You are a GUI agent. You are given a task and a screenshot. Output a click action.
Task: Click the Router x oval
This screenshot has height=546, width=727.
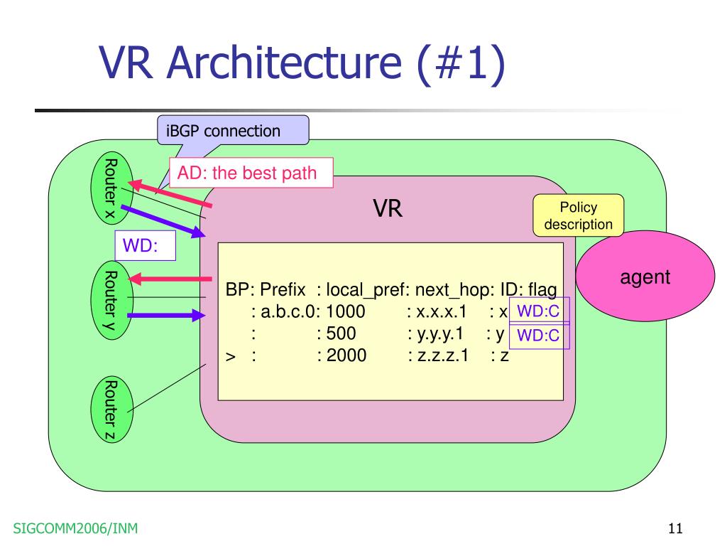coord(111,188)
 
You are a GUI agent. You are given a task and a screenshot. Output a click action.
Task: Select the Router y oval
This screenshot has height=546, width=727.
coord(111,301)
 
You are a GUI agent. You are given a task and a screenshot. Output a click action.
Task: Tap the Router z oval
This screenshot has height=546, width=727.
coord(111,409)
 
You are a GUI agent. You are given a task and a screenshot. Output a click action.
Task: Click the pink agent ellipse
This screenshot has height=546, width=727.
coord(645,277)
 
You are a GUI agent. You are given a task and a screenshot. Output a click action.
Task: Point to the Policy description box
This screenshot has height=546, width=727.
coord(578,215)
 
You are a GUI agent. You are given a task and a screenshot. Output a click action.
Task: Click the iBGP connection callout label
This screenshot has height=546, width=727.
coord(233,131)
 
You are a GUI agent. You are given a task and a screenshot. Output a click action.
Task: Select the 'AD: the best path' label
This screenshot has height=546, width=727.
coord(251,173)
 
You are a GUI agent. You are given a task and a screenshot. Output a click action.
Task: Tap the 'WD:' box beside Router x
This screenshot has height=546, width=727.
coord(145,245)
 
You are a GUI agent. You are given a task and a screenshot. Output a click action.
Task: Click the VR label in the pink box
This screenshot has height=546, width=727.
coord(388,208)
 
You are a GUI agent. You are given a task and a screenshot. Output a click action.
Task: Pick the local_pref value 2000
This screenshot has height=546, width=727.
coord(346,355)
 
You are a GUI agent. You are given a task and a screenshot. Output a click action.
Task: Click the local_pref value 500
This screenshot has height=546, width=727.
coord(341,333)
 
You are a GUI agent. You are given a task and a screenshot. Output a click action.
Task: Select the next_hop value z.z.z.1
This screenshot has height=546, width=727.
coord(443,355)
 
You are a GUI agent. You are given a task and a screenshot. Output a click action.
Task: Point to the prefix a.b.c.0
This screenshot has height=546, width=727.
coord(288,311)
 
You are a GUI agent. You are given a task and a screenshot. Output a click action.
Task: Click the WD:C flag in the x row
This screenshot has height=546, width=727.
coord(539,311)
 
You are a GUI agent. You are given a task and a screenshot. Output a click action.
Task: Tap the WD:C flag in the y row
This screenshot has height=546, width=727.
coord(539,336)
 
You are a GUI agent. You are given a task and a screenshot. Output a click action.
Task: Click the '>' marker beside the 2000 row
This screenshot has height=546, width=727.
coord(231,357)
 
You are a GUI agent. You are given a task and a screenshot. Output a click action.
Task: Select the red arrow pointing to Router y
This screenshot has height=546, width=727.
coord(170,279)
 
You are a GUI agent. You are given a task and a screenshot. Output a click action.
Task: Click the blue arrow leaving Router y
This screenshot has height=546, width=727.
coord(166,316)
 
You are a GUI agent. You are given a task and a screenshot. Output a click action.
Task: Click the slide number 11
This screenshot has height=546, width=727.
coord(675,528)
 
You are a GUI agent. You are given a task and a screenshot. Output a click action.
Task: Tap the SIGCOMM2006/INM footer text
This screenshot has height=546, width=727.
coord(75,528)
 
